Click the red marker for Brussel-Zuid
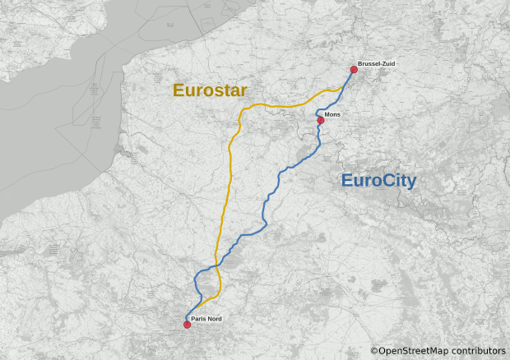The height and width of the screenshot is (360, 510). [354, 70]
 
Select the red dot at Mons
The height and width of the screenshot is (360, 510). [321, 120]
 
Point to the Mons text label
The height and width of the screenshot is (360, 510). [333, 115]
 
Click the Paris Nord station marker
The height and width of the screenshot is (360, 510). [187, 325]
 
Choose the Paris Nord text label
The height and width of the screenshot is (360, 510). [206, 319]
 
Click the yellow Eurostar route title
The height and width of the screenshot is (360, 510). [210, 90]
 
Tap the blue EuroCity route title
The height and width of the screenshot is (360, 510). [378, 181]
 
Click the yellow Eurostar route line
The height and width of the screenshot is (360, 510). [223, 205]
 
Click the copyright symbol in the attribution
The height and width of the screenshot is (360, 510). [374, 351]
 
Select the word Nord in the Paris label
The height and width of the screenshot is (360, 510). [214, 319]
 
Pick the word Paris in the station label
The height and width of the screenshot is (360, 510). [197, 319]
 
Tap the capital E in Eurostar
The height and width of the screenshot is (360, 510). [178, 90]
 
